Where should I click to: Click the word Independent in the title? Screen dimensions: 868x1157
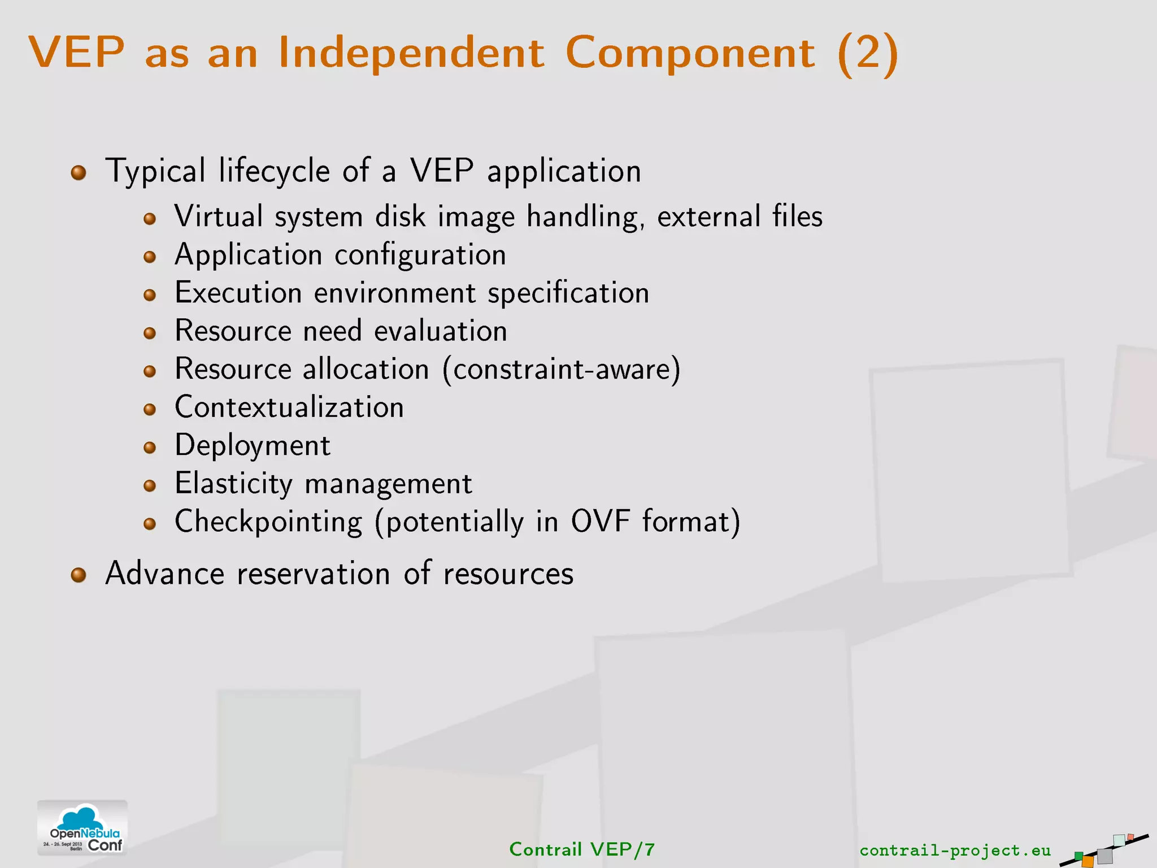click(411, 53)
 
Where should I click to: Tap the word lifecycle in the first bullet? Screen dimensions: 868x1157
click(274, 171)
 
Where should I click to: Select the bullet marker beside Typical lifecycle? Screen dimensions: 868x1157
click(79, 172)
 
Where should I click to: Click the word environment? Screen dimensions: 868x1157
click(395, 293)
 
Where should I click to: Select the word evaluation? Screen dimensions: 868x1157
click(440, 331)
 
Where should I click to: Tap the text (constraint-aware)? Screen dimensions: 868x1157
click(562, 370)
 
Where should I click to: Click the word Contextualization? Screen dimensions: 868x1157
click(289, 407)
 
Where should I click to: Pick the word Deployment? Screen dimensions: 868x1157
click(252, 446)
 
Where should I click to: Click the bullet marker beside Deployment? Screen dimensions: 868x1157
click(150, 448)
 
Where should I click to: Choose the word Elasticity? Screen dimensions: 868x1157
click(233, 484)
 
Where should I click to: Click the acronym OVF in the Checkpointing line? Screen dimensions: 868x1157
click(600, 521)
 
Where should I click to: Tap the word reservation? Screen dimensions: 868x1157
click(314, 574)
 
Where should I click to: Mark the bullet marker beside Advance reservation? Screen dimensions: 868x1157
click(79, 575)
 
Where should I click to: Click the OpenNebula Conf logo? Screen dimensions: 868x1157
click(82, 828)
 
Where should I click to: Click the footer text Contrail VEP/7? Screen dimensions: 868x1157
click(582, 849)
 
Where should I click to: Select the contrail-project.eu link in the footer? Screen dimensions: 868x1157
click(955, 850)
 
